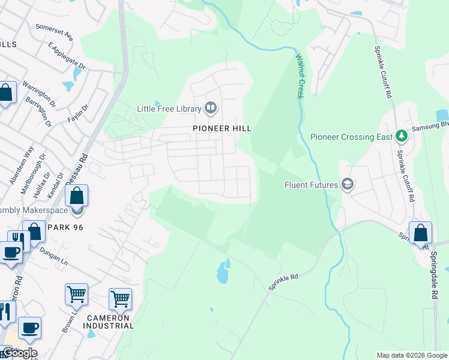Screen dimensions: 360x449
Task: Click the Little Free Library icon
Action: point(211,109)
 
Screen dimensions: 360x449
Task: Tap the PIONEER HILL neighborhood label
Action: point(221,128)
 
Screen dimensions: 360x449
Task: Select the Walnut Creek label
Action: point(300,76)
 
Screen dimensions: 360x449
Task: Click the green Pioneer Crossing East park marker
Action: point(402,137)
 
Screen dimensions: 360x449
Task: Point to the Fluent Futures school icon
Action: point(347,185)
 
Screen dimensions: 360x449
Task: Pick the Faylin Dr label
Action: point(78,113)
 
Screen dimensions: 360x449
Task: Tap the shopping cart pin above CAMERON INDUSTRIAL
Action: point(120,298)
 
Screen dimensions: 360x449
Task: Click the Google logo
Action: point(20,353)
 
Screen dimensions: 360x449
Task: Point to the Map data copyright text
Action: point(412,355)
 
